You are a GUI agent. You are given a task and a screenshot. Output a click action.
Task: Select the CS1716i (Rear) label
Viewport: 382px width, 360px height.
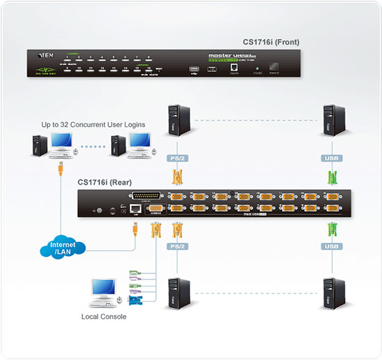106,182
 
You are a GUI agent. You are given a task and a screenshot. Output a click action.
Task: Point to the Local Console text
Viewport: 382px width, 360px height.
105,316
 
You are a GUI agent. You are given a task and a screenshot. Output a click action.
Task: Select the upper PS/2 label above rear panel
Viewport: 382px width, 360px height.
176,158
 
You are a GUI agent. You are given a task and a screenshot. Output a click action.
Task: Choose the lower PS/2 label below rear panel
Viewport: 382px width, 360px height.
176,245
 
